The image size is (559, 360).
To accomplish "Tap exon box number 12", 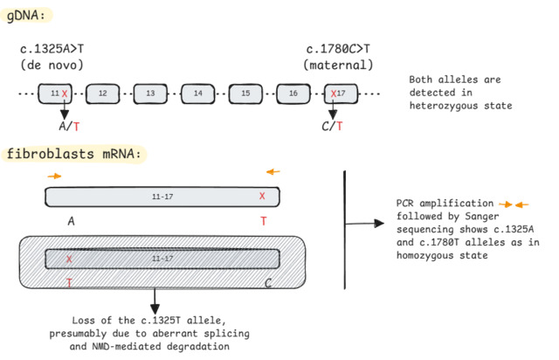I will click(102, 93).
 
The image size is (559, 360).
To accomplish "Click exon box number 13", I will click(150, 93).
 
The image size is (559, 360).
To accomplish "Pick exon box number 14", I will click(198, 93).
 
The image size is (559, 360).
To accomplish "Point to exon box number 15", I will click(245, 93).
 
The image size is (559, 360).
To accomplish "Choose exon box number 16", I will click(293, 93).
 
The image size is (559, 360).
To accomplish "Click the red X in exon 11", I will click(65, 93).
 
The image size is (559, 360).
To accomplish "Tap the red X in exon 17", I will click(333, 93).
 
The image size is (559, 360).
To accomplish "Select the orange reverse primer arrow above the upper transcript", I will click(274, 171).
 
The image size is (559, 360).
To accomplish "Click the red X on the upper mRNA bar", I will click(262, 197).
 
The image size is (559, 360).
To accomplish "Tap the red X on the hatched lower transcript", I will click(68, 260).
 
